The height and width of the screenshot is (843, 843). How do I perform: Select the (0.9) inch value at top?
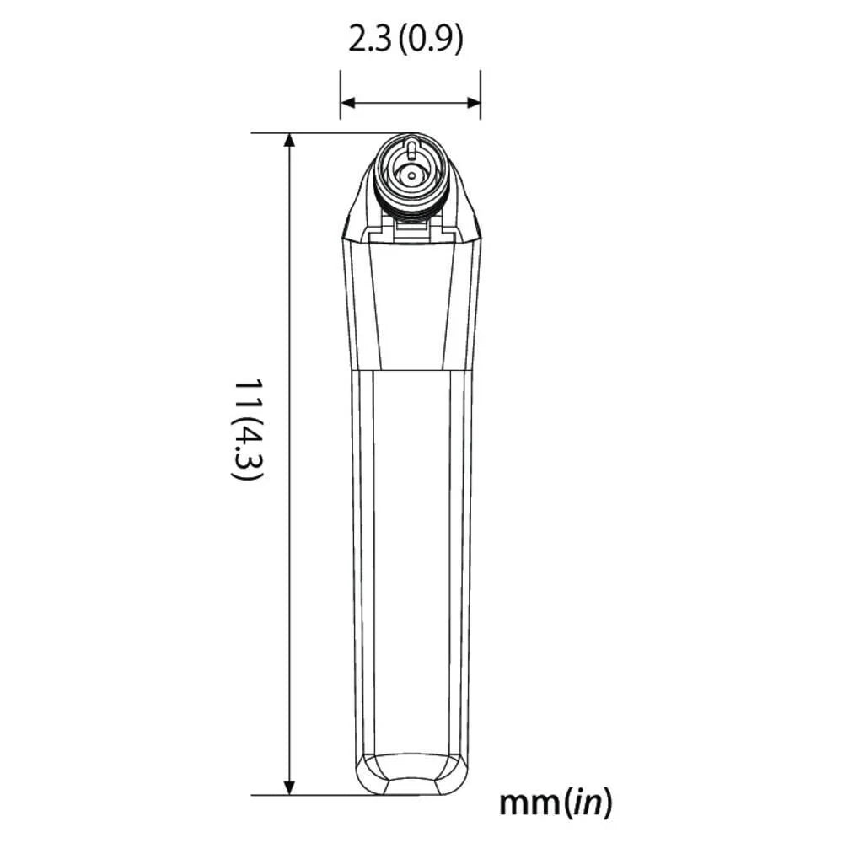(x=430, y=40)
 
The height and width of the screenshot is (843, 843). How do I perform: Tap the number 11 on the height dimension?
(x=246, y=395)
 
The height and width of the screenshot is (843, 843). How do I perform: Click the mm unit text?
(x=529, y=803)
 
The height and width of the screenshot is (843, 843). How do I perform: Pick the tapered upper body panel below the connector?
(x=411, y=303)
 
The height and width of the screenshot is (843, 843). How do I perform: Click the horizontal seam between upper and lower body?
(x=411, y=371)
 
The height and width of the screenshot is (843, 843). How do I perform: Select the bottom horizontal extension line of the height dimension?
(x=312, y=795)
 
